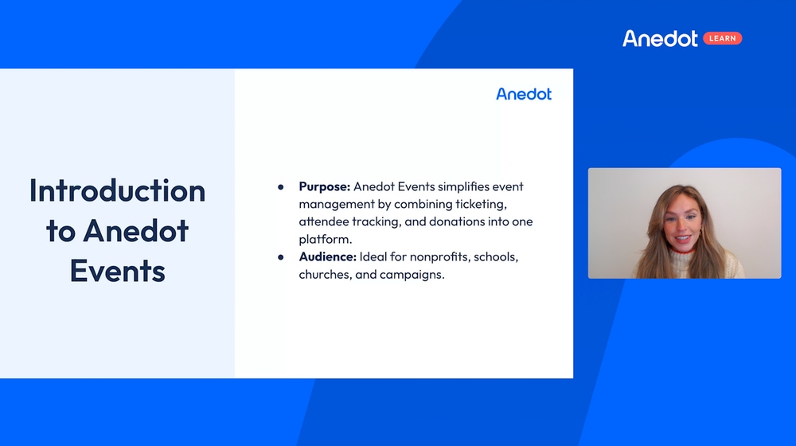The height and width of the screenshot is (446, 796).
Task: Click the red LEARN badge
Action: (x=722, y=38)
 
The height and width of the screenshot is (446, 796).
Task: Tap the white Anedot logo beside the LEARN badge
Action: (x=660, y=38)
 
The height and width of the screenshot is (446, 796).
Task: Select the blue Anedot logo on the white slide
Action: (x=524, y=94)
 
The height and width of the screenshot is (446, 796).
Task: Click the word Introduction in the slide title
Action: (x=118, y=190)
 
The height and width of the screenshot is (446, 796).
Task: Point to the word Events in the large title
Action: (x=118, y=271)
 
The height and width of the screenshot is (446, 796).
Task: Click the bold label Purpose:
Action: (x=324, y=186)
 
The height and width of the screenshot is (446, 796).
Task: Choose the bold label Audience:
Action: (x=327, y=257)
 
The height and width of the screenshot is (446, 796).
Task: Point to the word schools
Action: (x=499, y=257)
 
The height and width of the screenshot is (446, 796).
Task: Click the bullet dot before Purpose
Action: (x=281, y=187)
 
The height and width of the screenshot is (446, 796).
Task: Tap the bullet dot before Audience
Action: (x=281, y=257)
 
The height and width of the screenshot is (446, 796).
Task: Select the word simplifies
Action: (x=439, y=186)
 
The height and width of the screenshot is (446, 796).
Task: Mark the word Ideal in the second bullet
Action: (x=374, y=257)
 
